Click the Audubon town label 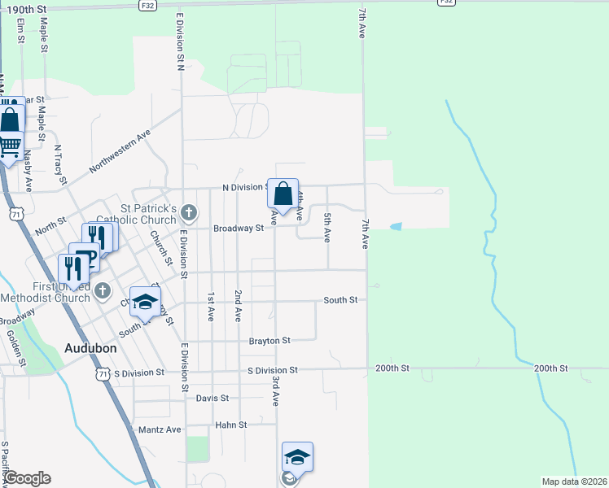(90, 348)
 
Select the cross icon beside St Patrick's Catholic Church (188, 214)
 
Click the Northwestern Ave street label (120, 150)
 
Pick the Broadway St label (239, 229)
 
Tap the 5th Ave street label (327, 228)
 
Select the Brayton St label (270, 340)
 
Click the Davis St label (212, 399)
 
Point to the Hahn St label (230, 425)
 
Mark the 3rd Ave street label (276, 391)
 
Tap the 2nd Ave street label (238, 303)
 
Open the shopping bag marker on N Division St (283, 194)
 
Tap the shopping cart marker (9, 146)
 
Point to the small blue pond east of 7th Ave (396, 226)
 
